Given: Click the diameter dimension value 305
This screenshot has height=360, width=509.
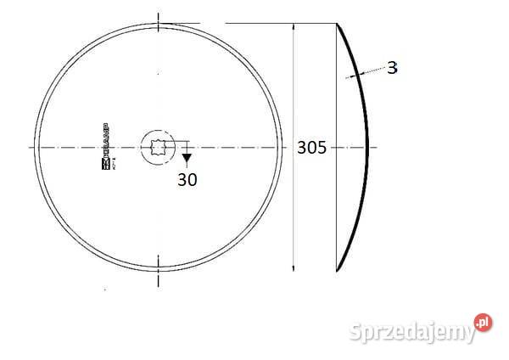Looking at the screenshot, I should (x=311, y=148).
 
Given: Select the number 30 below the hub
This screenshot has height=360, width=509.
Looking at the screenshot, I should (x=187, y=179).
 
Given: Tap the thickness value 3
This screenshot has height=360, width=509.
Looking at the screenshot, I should (x=391, y=68).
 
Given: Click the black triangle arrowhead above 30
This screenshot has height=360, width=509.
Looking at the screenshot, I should (x=187, y=158).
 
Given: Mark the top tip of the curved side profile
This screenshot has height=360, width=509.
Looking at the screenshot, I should (x=338, y=25).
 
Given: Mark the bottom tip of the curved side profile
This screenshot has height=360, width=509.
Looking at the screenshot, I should (x=338, y=271).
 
